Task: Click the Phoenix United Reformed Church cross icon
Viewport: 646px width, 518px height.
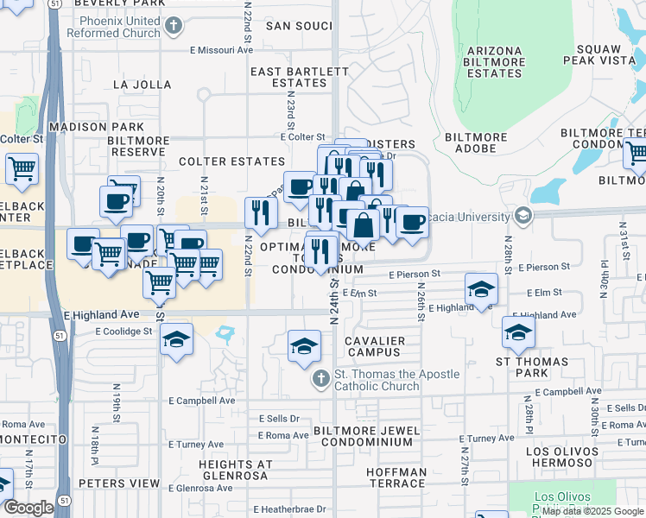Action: (173, 25)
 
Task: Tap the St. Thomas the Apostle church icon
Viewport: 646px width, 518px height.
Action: (320, 379)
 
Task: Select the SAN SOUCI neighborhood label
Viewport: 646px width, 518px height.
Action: (298, 26)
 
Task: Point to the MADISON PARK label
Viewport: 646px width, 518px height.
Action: (96, 127)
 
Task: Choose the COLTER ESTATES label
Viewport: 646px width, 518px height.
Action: (231, 161)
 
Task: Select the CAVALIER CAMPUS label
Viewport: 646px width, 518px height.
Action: (374, 347)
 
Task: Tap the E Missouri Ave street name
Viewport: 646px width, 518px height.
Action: (222, 50)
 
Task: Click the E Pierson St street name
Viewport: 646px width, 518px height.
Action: (414, 274)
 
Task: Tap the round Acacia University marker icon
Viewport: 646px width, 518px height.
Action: (521, 214)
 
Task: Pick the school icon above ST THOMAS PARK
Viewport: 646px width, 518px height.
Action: (518, 332)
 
